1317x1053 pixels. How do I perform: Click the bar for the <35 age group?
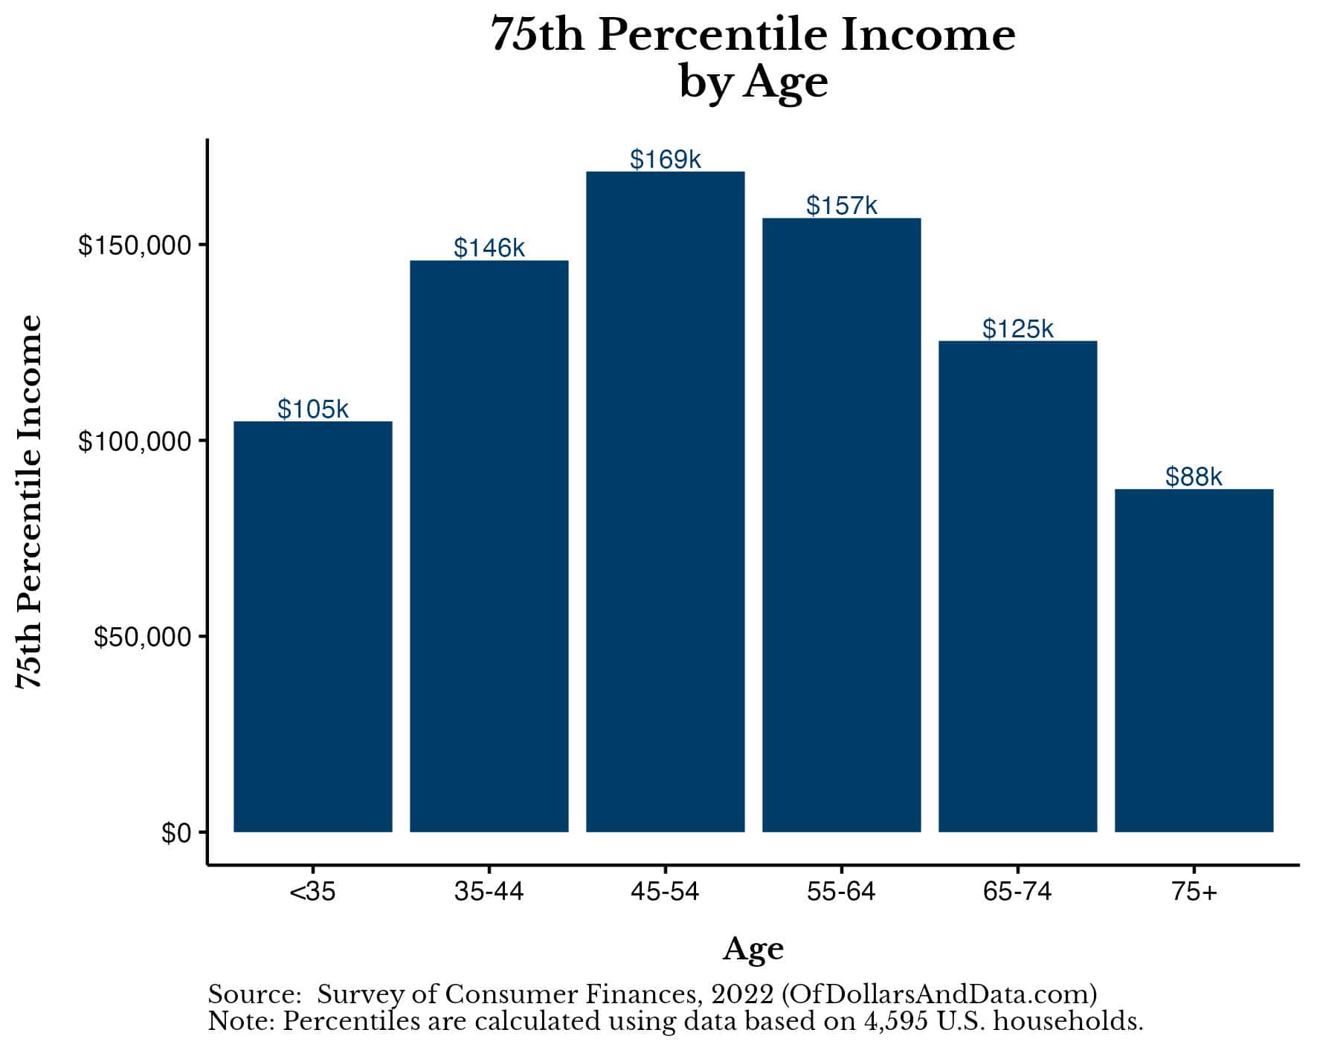point(312,626)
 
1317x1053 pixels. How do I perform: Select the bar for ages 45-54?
point(665,502)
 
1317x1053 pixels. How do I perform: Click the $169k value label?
point(665,159)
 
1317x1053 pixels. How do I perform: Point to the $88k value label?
point(1194,476)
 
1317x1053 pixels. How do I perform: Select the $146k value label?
point(489,247)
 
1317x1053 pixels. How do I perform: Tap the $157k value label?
point(841,205)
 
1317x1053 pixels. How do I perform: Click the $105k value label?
point(312,409)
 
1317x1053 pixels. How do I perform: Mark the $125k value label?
point(1017,328)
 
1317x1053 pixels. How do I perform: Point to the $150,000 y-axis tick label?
point(135,245)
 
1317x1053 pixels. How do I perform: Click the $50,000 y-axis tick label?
point(143,637)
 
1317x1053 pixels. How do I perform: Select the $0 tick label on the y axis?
point(176,833)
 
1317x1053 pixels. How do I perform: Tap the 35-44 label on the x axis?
point(489,891)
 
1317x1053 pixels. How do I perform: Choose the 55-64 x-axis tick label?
point(841,891)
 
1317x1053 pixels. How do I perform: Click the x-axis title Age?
point(753,949)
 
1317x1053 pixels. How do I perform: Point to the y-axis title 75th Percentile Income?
point(30,502)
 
